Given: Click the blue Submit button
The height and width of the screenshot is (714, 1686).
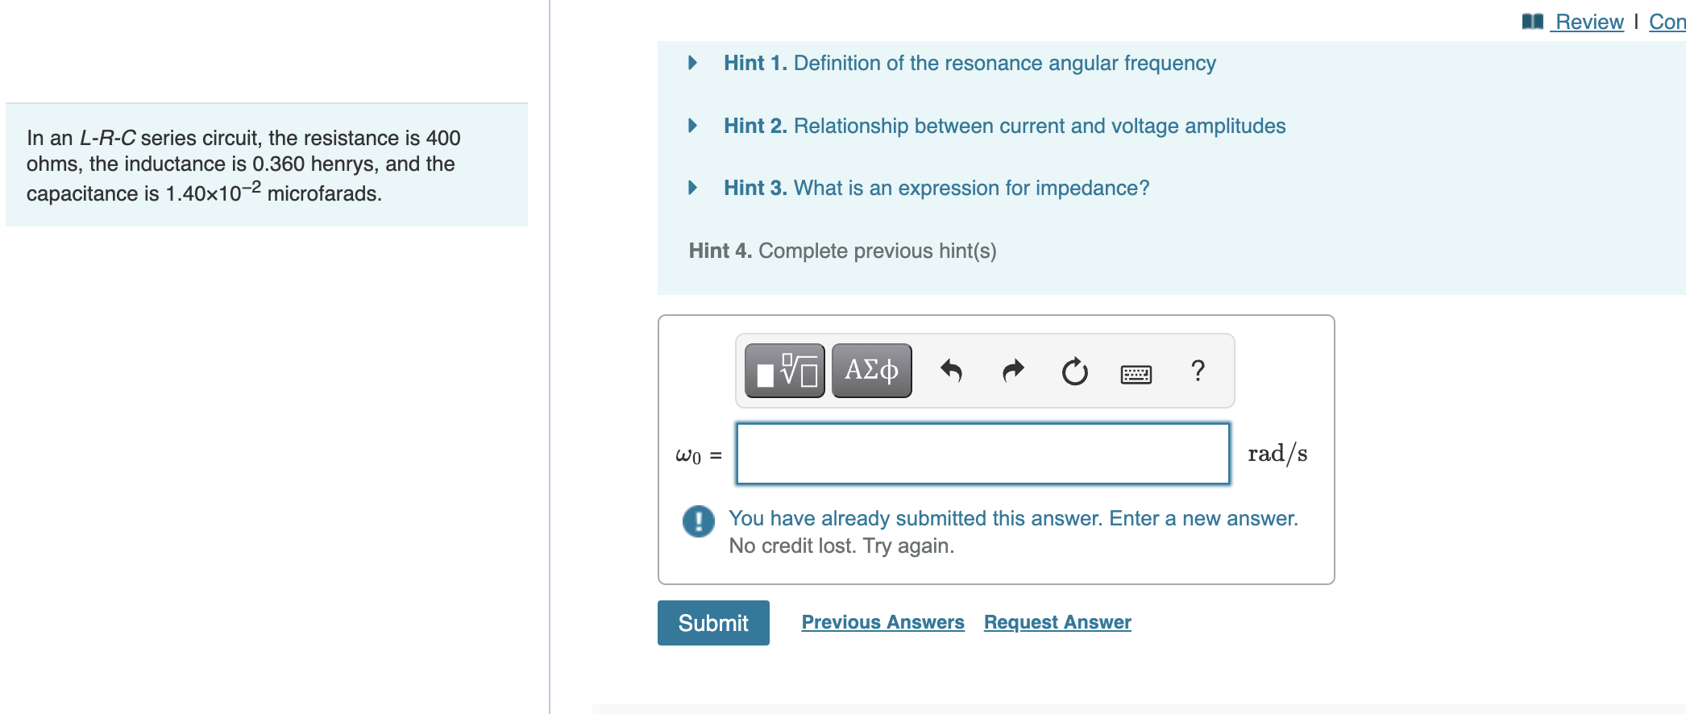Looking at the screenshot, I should click(712, 623).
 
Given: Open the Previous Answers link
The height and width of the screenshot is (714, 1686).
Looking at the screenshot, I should click(882, 622).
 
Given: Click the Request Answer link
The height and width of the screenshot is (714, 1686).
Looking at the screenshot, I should click(1057, 622).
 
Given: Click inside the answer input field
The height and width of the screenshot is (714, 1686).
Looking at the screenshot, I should click(982, 454).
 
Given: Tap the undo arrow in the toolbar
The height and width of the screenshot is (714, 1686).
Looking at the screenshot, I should click(951, 371).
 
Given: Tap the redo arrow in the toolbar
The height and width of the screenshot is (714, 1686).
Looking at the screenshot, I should click(1013, 371).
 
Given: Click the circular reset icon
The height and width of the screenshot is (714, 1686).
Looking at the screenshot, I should click(1074, 372).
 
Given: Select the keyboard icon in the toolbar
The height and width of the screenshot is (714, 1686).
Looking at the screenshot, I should click(1136, 374).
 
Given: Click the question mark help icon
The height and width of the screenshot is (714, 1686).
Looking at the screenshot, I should click(1198, 371).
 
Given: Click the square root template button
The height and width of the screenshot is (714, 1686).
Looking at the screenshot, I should click(785, 371).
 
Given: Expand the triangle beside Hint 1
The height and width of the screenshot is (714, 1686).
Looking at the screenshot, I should click(692, 63).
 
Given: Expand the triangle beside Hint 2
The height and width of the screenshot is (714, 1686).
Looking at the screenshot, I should click(692, 126).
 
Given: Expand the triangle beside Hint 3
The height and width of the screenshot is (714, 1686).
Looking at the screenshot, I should click(692, 188).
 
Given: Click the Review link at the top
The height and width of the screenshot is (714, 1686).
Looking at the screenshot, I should click(1588, 22).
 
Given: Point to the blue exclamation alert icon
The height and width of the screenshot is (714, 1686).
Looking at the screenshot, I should click(698, 521).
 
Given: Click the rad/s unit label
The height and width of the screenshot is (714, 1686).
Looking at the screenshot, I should click(1277, 455).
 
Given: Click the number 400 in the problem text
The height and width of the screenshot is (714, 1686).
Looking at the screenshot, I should click(443, 138).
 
